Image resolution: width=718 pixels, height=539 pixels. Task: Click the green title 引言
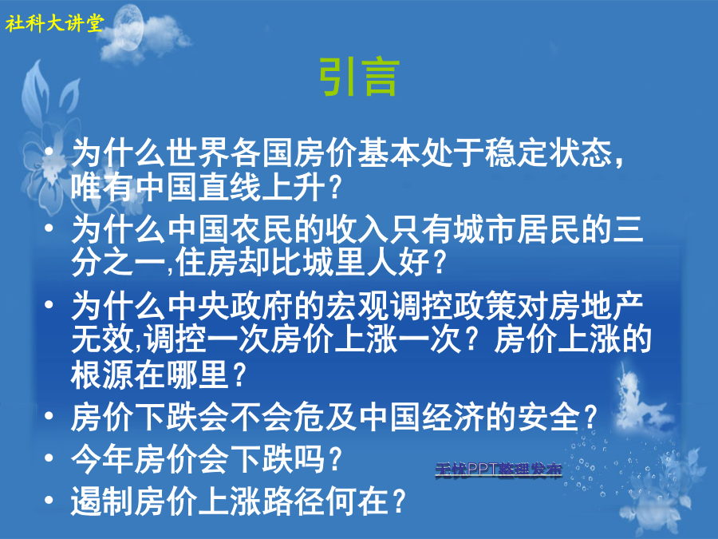point(359,77)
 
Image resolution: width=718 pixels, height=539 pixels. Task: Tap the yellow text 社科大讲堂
point(54,23)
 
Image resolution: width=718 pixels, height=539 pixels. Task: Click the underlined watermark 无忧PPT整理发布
point(498,470)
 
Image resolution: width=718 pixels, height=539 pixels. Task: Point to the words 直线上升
point(262,187)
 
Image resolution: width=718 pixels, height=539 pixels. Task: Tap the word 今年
point(103,459)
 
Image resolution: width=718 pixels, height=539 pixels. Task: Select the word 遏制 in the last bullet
point(103,501)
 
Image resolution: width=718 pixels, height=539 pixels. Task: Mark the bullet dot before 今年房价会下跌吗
point(49,458)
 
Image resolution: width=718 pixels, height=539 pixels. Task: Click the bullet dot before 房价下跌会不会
point(49,415)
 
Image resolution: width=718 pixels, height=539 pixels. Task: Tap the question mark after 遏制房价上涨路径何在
point(400,501)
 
